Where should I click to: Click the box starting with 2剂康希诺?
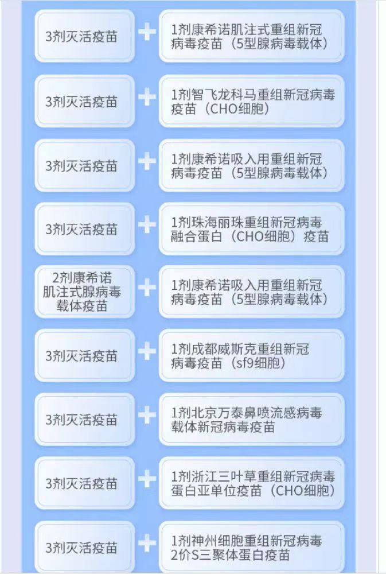(84, 292)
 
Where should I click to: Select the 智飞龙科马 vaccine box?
(252, 102)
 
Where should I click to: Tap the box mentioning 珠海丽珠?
(252, 229)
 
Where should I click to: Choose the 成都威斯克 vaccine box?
(252, 355)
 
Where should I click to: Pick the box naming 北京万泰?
(252, 420)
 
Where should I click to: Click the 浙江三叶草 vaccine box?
(252, 483)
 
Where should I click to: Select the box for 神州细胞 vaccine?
(252, 547)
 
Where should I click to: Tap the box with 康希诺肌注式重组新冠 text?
(252, 36)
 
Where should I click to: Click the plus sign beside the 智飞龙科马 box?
(147, 97)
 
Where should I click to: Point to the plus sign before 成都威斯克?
(147, 351)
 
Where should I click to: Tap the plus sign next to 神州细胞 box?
(147, 543)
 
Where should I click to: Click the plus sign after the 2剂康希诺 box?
(147, 288)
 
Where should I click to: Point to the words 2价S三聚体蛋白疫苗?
(231, 555)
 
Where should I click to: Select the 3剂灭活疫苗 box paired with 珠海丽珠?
(84, 229)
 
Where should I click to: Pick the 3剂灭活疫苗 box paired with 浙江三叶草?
(84, 483)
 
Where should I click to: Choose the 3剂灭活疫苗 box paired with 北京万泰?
(84, 420)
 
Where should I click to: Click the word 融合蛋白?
(197, 236)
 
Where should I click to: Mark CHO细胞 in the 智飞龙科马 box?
(238, 109)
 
